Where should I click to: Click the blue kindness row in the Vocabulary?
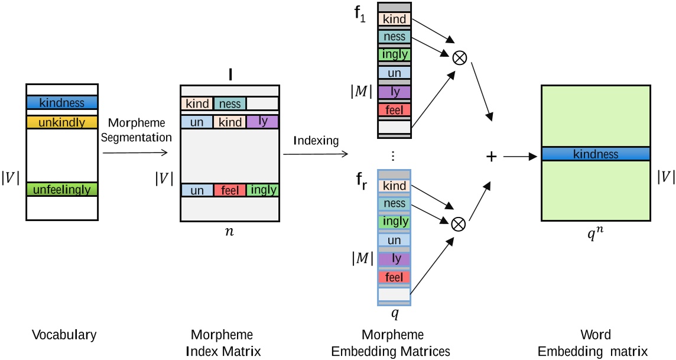[62, 102]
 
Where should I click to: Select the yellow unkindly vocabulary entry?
[62, 122]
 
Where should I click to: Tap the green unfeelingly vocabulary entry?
[62, 189]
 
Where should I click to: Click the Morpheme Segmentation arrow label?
[139, 131]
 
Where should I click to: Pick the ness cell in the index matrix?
[230, 104]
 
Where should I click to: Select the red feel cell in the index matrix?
[229, 190]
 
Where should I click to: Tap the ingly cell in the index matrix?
[262, 190]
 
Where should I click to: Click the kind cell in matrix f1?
[394, 20]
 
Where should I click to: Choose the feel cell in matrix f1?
[394, 110]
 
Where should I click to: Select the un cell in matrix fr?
[394, 240]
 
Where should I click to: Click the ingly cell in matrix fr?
[394, 222]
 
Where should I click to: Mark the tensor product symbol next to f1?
[459, 58]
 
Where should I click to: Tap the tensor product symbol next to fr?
[458, 223]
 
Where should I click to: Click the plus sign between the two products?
[490, 155]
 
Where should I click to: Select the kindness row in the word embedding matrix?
[596, 154]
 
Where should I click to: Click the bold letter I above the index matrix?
[229, 77]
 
